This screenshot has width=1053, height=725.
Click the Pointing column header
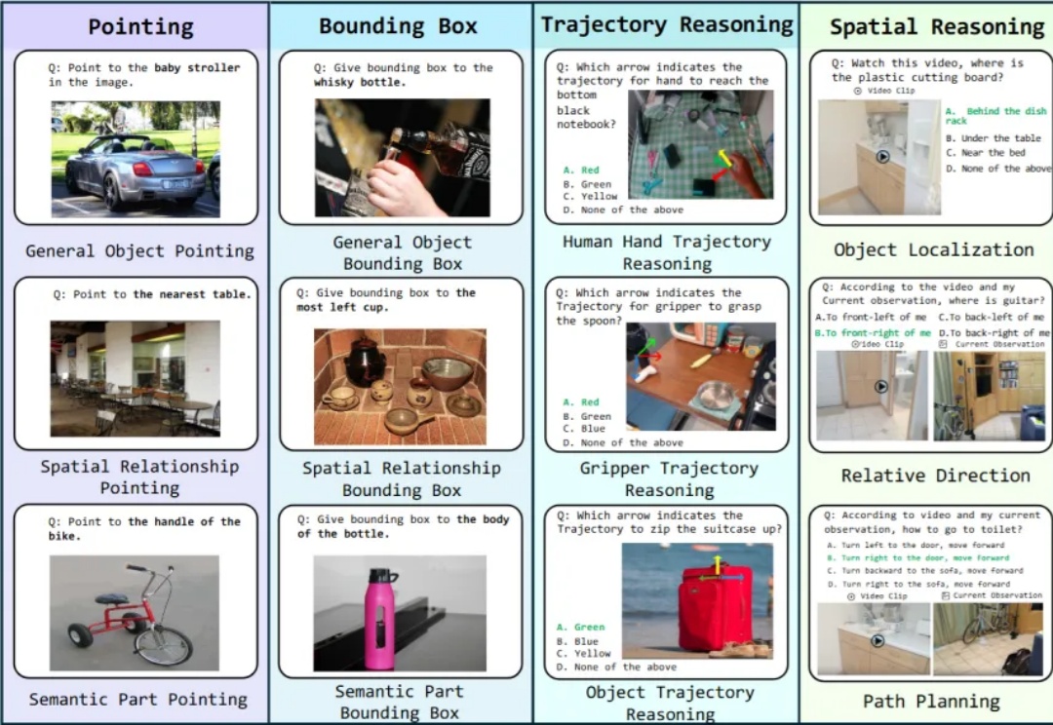tap(140, 26)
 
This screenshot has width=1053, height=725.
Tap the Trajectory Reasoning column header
tap(667, 25)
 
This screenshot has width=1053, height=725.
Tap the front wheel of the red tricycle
tap(163, 644)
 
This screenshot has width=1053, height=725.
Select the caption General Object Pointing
tap(139, 251)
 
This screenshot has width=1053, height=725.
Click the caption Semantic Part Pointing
tap(138, 699)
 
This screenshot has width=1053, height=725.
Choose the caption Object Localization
tap(933, 250)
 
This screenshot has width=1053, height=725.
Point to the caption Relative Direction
tap(935, 476)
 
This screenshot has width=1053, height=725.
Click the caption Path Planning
tap(931, 701)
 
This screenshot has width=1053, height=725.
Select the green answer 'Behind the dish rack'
tap(982, 116)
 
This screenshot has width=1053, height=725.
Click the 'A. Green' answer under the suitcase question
tap(581, 628)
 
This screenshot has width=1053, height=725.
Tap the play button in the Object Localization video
tap(882, 156)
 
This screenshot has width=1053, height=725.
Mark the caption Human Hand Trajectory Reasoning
tap(667, 252)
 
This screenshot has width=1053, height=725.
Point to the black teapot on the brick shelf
tap(366, 362)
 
